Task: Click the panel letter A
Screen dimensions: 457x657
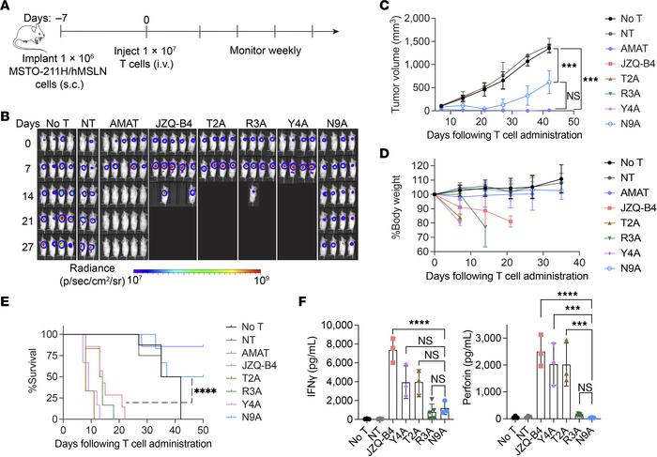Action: (x=8, y=8)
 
